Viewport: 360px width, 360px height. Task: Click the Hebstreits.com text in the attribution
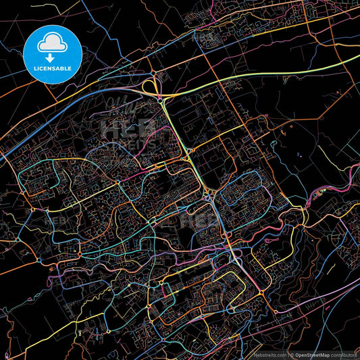click(x=267, y=355)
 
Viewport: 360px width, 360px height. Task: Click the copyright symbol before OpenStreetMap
click(x=292, y=355)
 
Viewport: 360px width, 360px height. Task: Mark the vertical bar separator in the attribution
click(x=287, y=355)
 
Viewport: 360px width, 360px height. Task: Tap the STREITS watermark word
click(x=128, y=143)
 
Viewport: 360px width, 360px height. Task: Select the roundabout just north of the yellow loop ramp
click(x=154, y=72)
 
